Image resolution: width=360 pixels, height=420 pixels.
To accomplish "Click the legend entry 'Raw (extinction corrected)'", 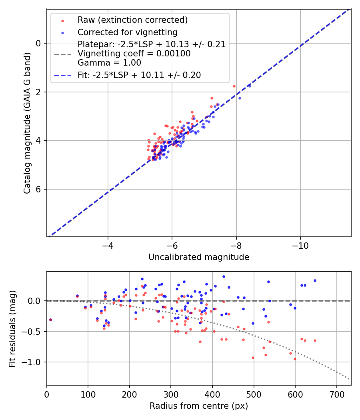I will click(132, 20).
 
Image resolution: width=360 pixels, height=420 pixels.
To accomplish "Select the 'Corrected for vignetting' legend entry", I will click(127, 32).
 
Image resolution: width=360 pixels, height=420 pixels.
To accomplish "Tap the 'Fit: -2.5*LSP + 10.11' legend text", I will click(139, 75).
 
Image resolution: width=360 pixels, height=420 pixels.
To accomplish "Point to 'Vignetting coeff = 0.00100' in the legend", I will click(134, 53).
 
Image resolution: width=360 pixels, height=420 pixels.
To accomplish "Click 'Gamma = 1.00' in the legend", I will click(109, 62).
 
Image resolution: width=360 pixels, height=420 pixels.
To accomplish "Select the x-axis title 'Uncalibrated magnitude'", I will click(199, 257).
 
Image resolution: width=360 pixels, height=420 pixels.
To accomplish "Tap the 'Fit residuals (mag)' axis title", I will click(13, 329).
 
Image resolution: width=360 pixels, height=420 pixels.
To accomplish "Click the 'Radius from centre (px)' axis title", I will click(199, 406).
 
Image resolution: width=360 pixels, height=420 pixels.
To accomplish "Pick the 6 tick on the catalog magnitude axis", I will click(38, 189).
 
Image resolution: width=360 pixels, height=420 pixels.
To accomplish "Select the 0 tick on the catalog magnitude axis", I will click(38, 43).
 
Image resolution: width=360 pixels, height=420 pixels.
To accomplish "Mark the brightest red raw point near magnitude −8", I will click(234, 86).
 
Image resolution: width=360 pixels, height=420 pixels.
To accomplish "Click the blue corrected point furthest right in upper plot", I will click(249, 86).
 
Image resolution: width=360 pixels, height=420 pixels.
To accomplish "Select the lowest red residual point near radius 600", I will click(295, 359).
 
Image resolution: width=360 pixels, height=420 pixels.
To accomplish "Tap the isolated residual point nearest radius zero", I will click(50, 320).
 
